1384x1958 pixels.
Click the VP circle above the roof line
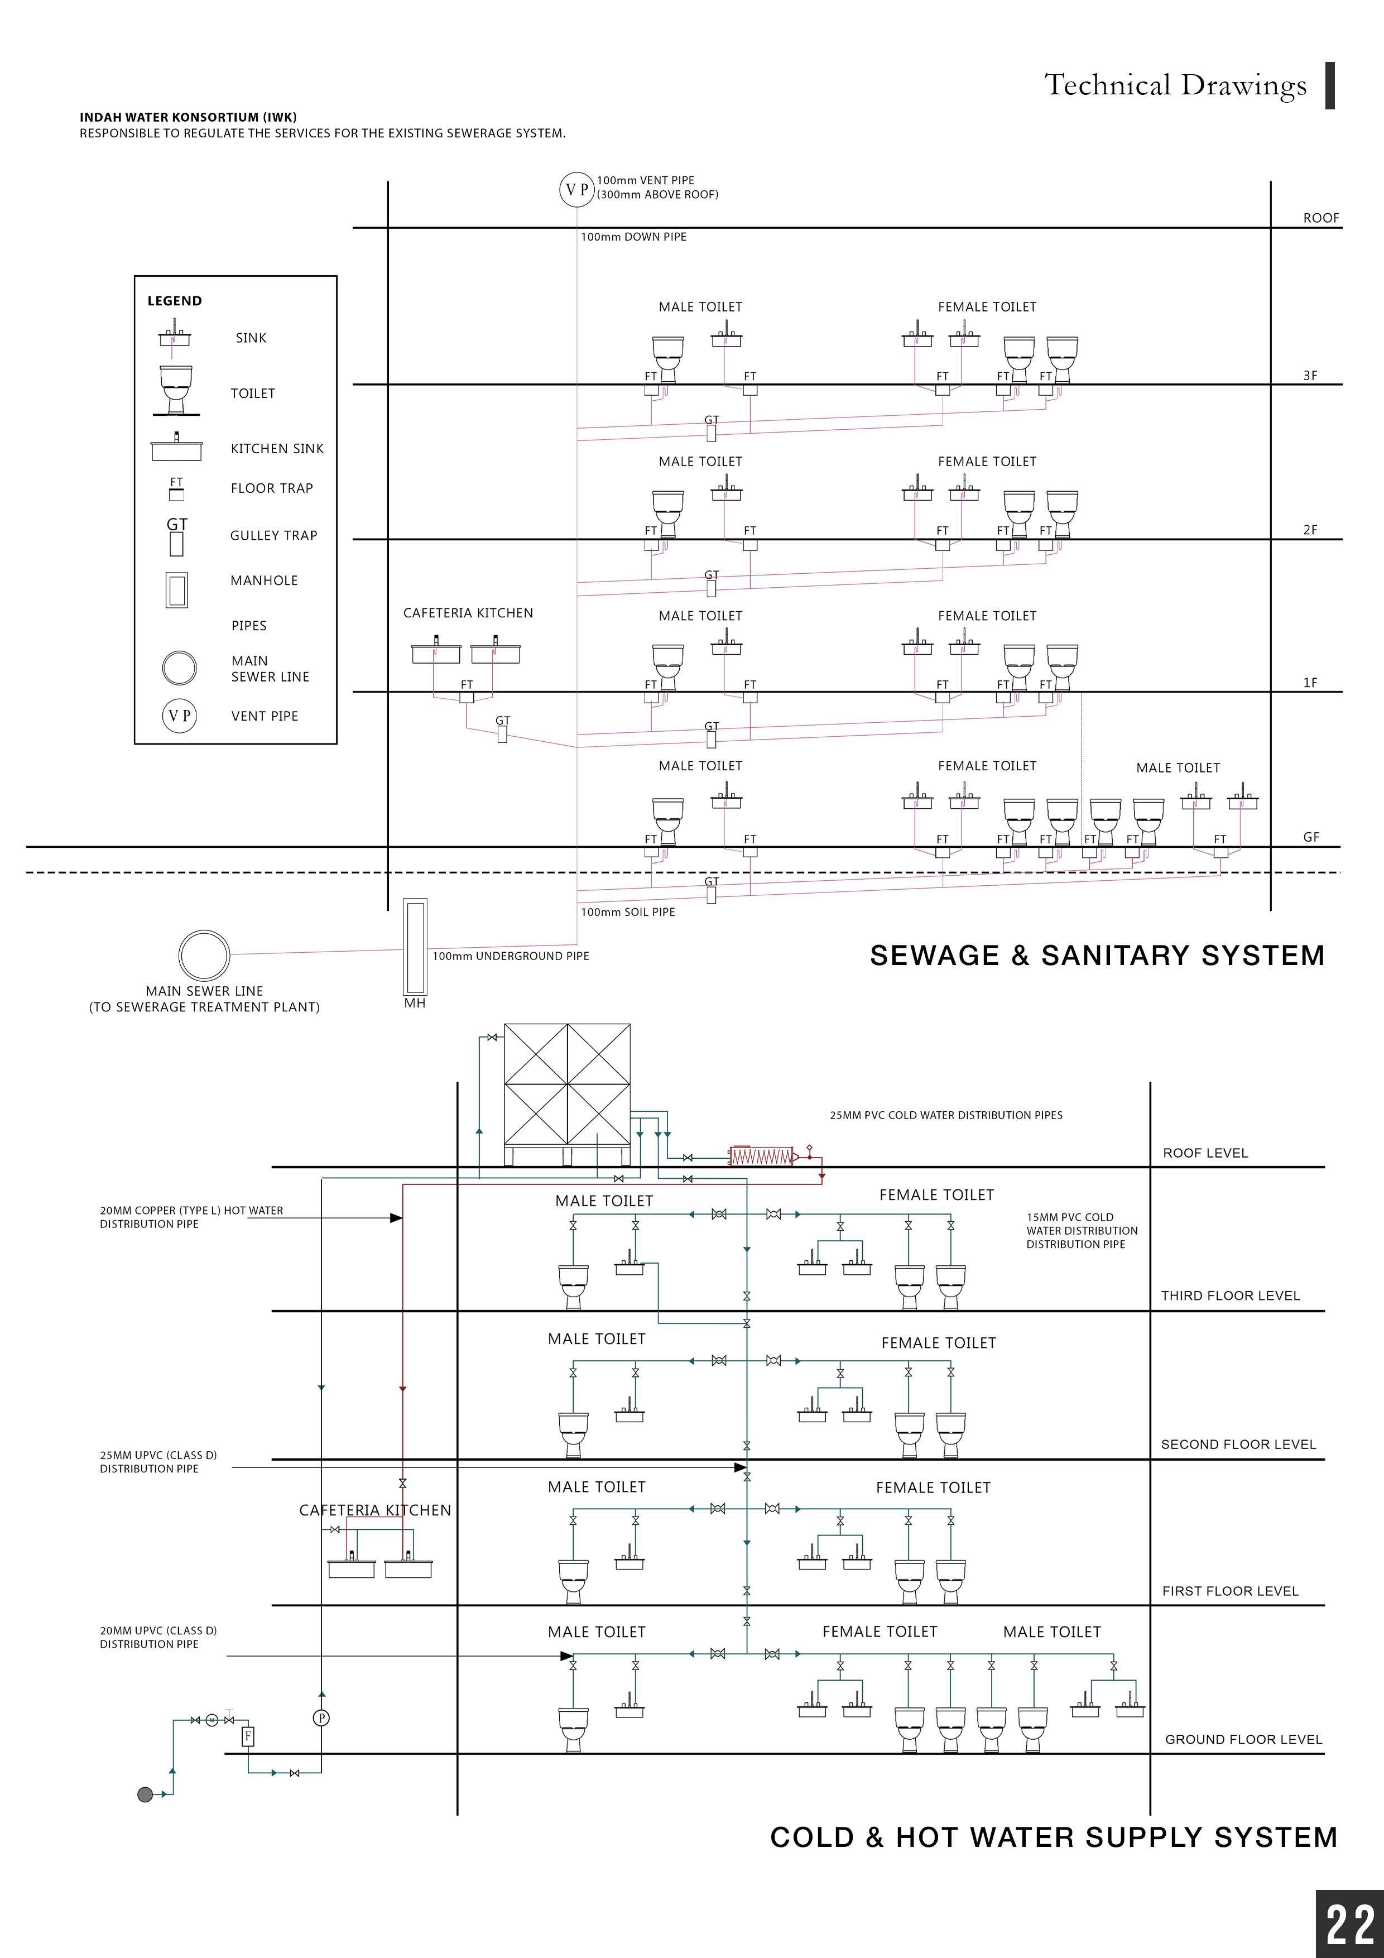point(577,189)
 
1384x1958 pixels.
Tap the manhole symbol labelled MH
point(415,947)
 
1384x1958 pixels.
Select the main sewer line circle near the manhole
point(204,954)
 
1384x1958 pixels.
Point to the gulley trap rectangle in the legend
point(176,543)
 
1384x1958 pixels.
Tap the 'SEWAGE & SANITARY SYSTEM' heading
point(1097,955)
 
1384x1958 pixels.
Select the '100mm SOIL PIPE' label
point(628,911)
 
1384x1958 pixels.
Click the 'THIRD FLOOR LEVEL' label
point(1229,1295)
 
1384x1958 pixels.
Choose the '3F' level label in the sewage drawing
point(1310,375)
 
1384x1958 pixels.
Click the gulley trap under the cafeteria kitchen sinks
point(502,732)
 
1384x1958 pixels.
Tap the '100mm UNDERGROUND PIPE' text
point(510,956)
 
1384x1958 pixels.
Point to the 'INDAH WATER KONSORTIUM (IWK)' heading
point(188,117)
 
